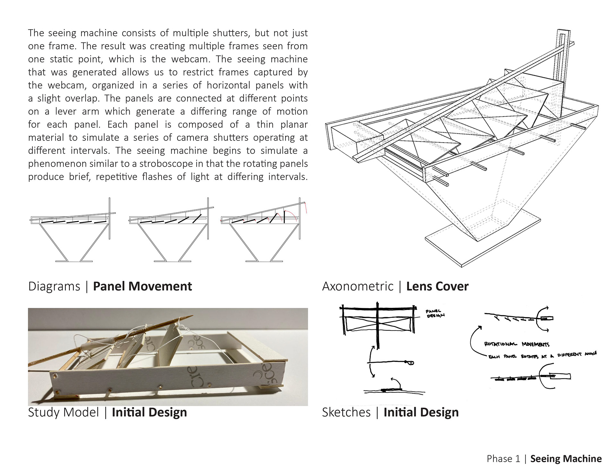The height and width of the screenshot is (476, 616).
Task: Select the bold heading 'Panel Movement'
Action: pyautogui.click(x=142, y=286)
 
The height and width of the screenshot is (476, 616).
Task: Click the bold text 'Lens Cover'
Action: pyautogui.click(x=437, y=286)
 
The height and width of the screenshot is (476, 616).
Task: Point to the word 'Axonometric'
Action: pyautogui.click(x=358, y=286)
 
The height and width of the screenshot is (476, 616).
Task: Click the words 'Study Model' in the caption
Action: pyautogui.click(x=63, y=412)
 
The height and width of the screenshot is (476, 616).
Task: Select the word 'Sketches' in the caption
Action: pyautogui.click(x=346, y=412)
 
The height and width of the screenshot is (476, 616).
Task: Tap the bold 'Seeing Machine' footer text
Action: pyautogui.click(x=566, y=459)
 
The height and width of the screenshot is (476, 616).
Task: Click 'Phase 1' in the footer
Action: pyautogui.click(x=503, y=459)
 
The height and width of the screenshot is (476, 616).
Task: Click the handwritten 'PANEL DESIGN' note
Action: pyautogui.click(x=435, y=313)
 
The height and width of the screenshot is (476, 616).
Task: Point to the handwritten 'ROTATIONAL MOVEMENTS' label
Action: pyautogui.click(x=517, y=344)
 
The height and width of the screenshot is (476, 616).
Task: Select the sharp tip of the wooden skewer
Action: pyautogui.click(x=190, y=317)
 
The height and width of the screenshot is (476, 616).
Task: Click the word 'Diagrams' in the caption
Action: pyautogui.click(x=54, y=286)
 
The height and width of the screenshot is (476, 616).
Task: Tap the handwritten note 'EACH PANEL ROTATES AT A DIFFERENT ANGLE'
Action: pyautogui.click(x=542, y=355)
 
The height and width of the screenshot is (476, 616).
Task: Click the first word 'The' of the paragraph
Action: pyautogui.click(x=36, y=33)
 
